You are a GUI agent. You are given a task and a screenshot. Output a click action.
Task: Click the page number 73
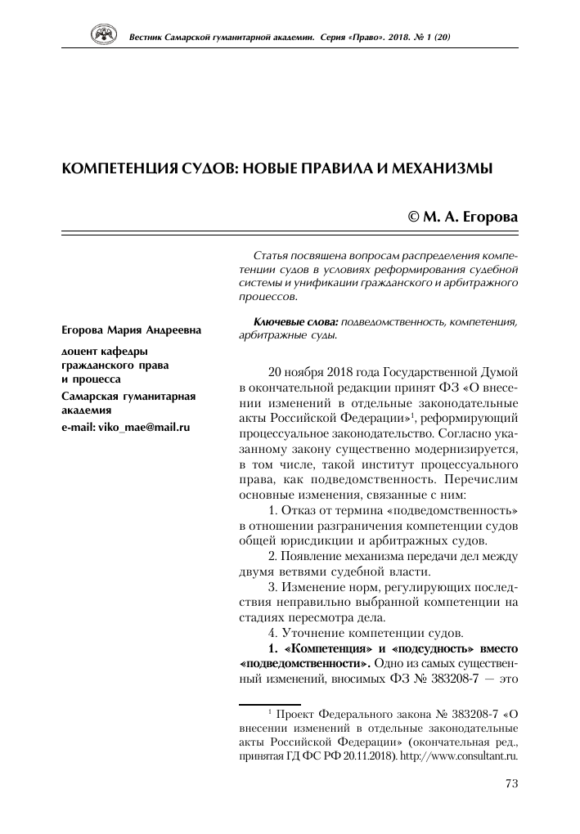[512, 784]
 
